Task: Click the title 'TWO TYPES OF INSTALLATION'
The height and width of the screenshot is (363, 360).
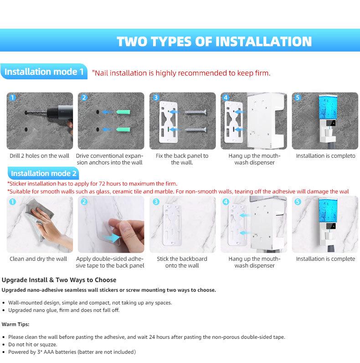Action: click(214, 41)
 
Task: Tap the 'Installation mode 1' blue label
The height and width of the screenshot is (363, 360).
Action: click(44, 72)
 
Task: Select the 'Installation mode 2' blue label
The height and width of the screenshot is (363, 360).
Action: click(43, 173)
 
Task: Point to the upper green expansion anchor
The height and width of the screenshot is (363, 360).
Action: click(123, 112)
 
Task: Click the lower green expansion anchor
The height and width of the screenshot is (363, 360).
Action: click(123, 130)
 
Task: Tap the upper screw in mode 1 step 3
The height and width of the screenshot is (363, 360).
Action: click(195, 113)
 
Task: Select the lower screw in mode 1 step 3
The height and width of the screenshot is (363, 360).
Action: click(195, 130)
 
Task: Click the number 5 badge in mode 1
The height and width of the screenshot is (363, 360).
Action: click(298, 98)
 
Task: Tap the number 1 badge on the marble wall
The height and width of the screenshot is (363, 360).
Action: click(12, 202)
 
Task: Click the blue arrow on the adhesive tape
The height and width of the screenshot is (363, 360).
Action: click(112, 238)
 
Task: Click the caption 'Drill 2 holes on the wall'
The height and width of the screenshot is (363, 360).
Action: click(39, 156)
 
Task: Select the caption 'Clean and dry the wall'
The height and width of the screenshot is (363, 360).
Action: click(38, 259)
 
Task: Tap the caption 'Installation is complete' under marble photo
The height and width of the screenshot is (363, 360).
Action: click(325, 259)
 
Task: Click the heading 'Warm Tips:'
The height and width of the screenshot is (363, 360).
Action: click(15, 324)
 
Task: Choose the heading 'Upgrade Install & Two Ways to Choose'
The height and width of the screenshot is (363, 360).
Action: click(59, 280)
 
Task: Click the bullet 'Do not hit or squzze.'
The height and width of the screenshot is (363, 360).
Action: click(33, 344)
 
